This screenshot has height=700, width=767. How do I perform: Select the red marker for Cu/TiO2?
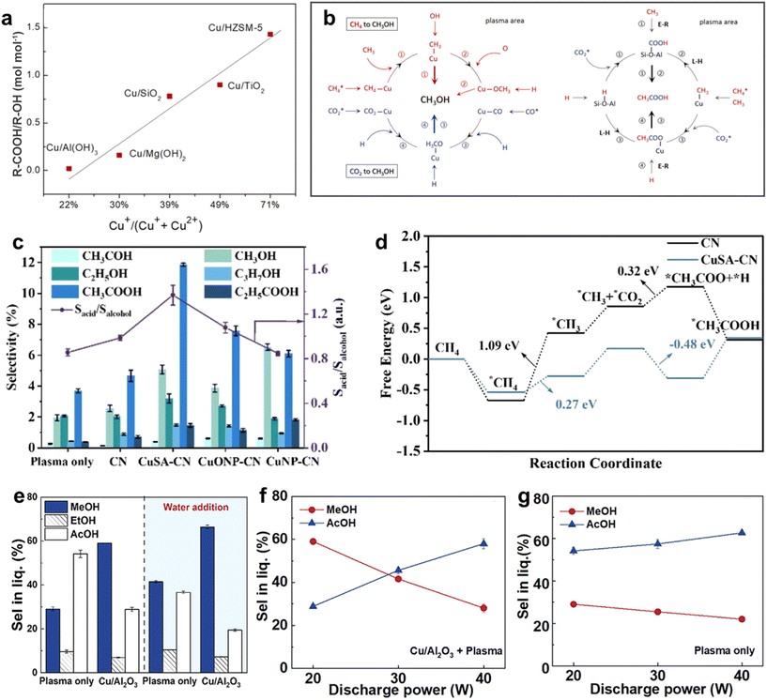point(220,84)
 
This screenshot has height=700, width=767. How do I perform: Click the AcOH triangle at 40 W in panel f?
point(484,543)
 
